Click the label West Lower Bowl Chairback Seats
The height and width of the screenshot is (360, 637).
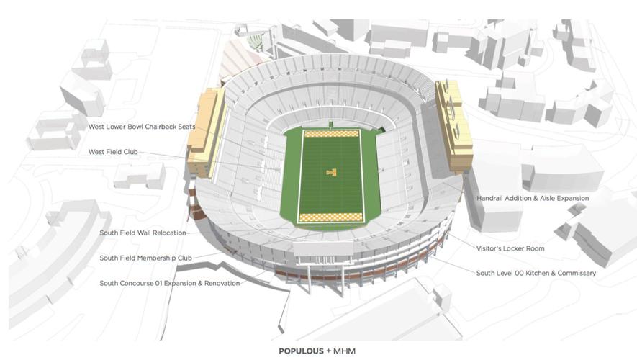(x=141, y=127)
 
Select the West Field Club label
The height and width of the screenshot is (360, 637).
(x=113, y=152)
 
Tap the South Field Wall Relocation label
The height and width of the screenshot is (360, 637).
(x=143, y=233)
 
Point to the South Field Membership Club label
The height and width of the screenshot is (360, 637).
(x=145, y=258)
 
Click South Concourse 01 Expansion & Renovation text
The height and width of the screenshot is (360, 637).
(x=169, y=283)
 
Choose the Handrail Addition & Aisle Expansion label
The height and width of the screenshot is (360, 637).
(x=533, y=198)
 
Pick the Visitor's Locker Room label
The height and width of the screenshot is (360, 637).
(x=510, y=248)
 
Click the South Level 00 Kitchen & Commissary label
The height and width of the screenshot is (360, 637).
(x=536, y=273)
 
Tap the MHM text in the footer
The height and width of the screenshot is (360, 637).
(x=345, y=351)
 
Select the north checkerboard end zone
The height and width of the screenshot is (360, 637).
(x=331, y=134)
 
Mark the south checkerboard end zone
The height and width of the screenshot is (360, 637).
(x=331, y=217)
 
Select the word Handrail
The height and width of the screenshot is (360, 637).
(x=492, y=198)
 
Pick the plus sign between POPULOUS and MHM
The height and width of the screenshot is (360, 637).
(x=328, y=351)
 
